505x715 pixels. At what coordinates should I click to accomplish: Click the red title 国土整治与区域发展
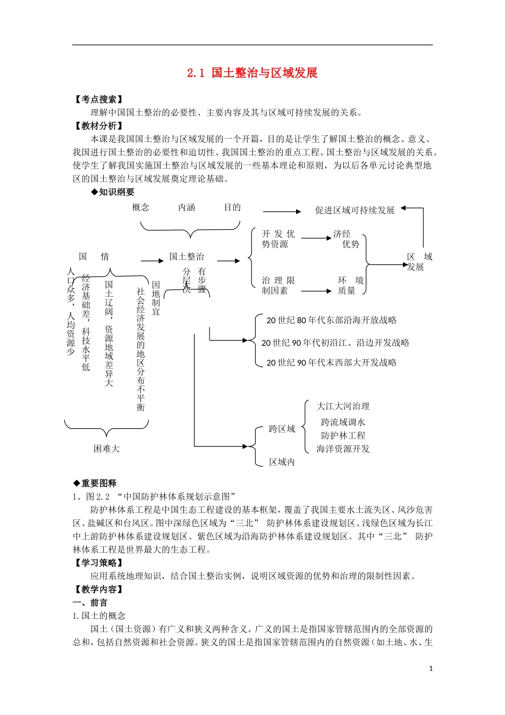264,73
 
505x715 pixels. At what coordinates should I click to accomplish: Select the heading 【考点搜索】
99,99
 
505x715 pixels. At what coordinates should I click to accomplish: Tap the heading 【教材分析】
99,126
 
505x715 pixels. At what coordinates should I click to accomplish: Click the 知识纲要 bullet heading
113,192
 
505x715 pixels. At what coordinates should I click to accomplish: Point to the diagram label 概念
141,207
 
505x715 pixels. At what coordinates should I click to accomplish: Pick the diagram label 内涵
187,207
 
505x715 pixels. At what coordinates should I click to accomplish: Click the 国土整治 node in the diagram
187,257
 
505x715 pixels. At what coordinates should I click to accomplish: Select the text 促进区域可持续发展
355,211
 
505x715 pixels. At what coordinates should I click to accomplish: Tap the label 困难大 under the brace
107,449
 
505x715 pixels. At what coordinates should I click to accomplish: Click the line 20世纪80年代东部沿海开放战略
331,320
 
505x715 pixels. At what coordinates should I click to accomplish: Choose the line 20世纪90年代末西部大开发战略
331,363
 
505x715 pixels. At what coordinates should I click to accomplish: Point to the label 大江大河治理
343,406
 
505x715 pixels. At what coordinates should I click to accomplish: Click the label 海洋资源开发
343,449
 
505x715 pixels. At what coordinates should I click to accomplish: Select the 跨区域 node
282,429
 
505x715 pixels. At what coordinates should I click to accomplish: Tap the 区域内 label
282,462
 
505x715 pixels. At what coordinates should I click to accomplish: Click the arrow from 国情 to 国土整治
153,261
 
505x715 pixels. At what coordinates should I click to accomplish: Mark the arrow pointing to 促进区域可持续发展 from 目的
282,212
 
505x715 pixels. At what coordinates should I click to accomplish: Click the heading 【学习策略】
99,563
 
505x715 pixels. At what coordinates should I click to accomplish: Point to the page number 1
431,669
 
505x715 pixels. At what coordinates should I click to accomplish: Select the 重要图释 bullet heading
95,484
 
